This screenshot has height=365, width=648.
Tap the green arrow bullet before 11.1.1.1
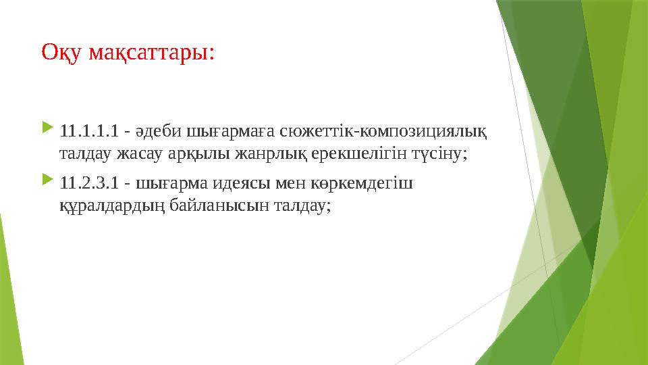tap(47, 127)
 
